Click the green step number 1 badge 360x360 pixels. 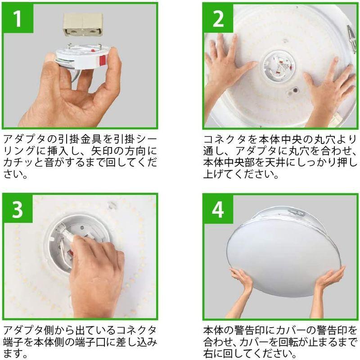click(x=17, y=19)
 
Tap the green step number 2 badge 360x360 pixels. click(x=218, y=19)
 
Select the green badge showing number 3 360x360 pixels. click(x=17, y=210)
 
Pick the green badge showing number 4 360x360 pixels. click(x=218, y=210)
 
